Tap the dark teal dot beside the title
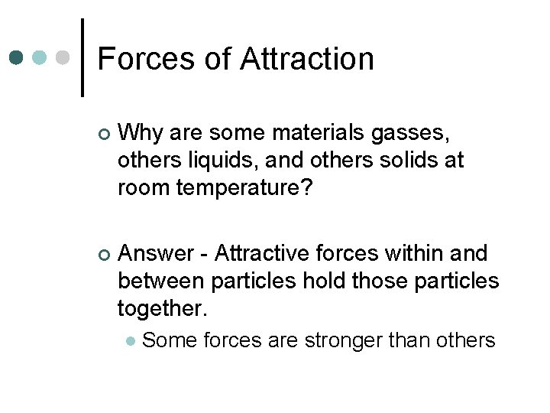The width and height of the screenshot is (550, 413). click(17, 58)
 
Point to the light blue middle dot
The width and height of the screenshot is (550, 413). click(40, 58)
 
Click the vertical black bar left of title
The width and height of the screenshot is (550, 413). click(82, 57)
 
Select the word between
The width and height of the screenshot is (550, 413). click(160, 280)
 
